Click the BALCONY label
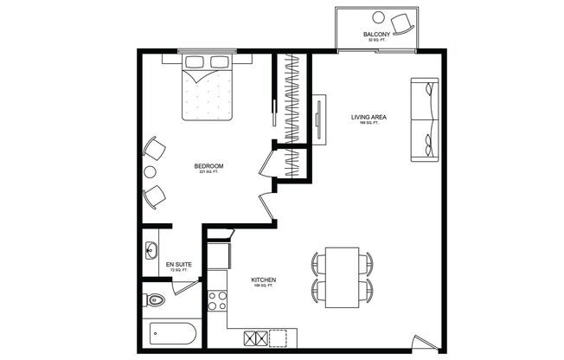click(x=376, y=34)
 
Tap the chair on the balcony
click(x=402, y=21)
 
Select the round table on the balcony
click(x=381, y=16)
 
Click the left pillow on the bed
click(x=193, y=63)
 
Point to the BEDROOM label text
click(x=208, y=166)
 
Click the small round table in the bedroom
click(x=154, y=172)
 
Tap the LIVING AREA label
click(x=369, y=118)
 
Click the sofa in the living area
click(x=423, y=119)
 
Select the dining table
click(x=342, y=277)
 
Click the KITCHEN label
click(x=263, y=280)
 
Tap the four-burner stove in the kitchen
click(x=217, y=302)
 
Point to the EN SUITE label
click(x=178, y=265)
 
